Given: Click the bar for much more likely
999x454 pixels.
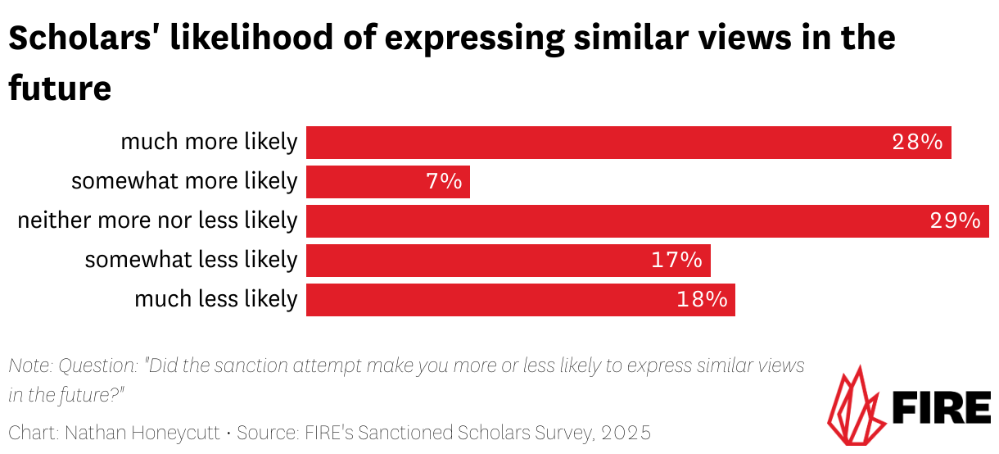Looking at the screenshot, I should coord(628,143).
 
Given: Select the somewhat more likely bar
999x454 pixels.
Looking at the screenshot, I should coord(387,182).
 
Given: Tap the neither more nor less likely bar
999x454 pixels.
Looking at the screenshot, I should coord(647,221).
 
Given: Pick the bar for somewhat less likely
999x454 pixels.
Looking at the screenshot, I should coord(508,261).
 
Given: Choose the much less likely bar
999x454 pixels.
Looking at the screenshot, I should coord(520,300).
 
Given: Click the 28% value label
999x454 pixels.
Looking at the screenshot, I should coord(918,143).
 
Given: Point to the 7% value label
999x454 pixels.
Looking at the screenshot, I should coord(444,182).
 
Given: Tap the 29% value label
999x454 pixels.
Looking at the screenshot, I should coord(955,221).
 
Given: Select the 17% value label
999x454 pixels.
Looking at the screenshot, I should coord(676,261).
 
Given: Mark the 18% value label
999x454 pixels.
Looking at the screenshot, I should coord(702,300).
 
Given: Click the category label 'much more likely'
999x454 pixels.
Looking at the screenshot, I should coord(209,143).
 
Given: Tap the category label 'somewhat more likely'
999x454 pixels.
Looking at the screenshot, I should coord(184,181).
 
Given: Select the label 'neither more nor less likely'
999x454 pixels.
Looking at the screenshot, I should coord(157,221).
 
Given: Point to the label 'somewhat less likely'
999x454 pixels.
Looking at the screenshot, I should coord(191,261).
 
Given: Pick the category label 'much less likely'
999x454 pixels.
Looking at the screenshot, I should coord(215,300).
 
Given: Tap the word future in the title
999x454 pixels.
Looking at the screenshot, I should coord(60,88).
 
